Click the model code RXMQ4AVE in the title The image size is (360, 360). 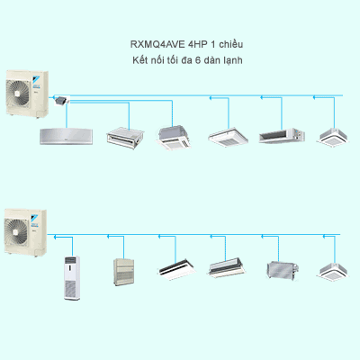tap(154, 44)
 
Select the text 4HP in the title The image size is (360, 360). tap(197, 44)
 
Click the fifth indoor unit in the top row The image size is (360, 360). tap(276, 135)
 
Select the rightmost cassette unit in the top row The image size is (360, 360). tap(332, 135)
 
